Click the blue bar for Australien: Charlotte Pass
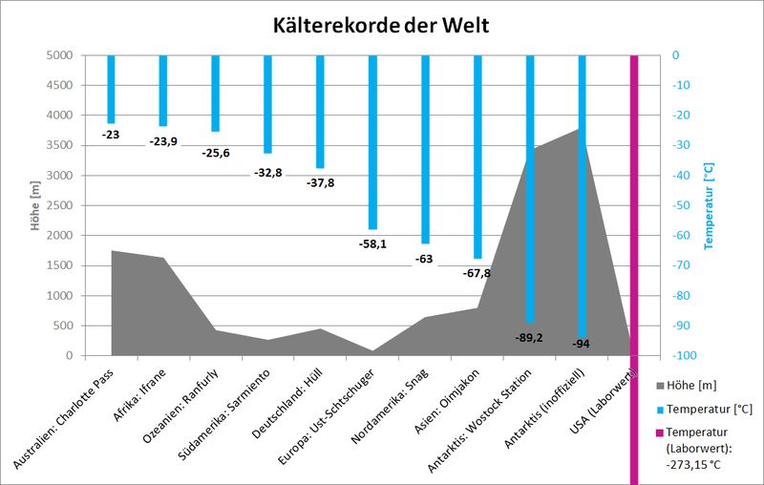(x=112, y=89)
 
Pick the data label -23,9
(x=163, y=141)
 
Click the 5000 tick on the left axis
(x=58, y=55)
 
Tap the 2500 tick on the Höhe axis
(x=58, y=205)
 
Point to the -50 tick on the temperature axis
(x=690, y=205)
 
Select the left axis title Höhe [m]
(x=35, y=205)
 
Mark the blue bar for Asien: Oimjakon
(x=477, y=157)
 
